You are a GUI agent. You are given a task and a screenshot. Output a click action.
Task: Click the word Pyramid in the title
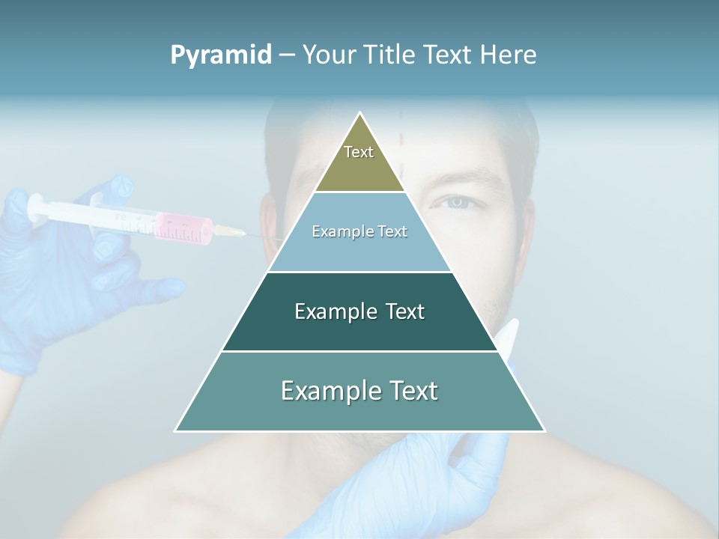(x=221, y=55)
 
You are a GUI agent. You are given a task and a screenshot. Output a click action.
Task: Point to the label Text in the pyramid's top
(x=359, y=152)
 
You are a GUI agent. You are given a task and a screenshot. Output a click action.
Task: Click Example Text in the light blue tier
(x=359, y=231)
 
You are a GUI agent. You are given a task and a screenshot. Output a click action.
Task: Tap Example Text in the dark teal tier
(x=359, y=311)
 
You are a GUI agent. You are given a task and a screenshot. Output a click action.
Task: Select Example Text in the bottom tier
(x=359, y=391)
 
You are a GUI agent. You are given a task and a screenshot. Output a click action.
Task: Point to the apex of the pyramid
(x=360, y=114)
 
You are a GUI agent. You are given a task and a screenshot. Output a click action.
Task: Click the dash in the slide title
(x=287, y=55)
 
